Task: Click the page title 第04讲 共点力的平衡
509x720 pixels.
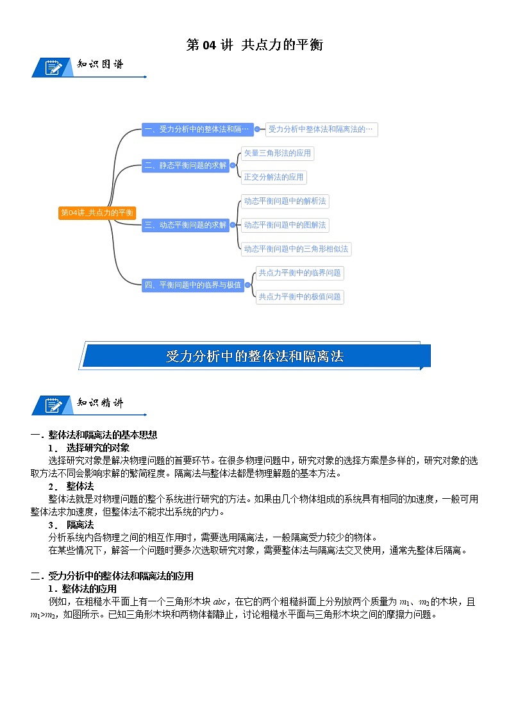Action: tap(254, 45)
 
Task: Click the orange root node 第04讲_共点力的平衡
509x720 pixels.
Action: tap(97, 213)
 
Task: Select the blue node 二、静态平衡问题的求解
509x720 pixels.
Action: tap(185, 165)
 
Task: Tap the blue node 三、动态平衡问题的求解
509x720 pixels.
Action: tap(185, 225)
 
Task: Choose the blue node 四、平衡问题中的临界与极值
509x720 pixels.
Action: tap(193, 285)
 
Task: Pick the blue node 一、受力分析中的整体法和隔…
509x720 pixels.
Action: tap(197, 130)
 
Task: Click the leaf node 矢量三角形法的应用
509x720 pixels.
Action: tap(277, 153)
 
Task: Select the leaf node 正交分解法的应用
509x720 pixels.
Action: tap(273, 177)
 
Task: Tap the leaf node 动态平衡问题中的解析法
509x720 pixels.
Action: tap(285, 201)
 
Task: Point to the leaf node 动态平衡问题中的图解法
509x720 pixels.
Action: tap(285, 225)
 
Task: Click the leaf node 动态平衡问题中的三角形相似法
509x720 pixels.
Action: tap(296, 249)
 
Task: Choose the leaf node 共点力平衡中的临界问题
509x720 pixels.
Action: tap(299, 272)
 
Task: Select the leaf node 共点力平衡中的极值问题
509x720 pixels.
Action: tap(299, 297)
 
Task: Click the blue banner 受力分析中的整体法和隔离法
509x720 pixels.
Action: tap(254, 356)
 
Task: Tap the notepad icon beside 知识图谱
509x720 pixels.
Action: tap(53, 67)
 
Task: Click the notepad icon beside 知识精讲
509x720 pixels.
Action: tap(53, 405)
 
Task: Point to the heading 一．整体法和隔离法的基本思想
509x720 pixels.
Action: tap(94, 435)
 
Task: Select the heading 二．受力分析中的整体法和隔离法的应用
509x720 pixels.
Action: tap(112, 576)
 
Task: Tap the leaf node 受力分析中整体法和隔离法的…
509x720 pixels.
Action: tap(321, 130)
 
